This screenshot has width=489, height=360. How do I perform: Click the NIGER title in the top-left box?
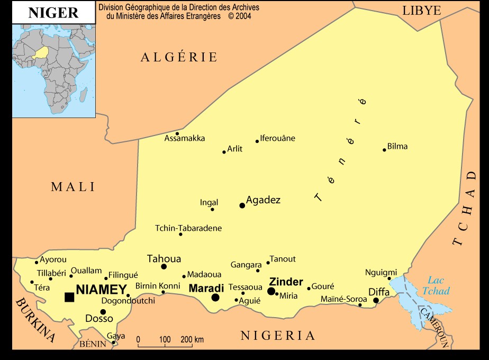[53, 13]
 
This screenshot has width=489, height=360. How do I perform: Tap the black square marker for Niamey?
[69, 297]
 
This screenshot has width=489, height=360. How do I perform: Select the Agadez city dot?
[242, 205]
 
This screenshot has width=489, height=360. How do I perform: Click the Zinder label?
[286, 282]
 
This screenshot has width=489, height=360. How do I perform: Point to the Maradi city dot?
[215, 298]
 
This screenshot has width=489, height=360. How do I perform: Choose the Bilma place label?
[397, 146]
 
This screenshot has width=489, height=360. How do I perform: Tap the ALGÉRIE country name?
[179, 57]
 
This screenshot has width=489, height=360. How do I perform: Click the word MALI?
[73, 186]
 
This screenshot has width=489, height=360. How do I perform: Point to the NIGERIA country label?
[278, 335]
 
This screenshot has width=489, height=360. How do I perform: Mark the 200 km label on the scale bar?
[192, 339]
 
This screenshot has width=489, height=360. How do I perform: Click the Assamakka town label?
[185, 139]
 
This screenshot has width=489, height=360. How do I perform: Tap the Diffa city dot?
[376, 301]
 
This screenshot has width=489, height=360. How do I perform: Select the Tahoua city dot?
[164, 266]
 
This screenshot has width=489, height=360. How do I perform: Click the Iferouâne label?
[278, 138]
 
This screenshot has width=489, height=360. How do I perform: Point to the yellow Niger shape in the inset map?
[41, 53]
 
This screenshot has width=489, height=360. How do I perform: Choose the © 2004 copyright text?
[239, 16]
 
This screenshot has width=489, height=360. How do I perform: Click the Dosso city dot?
[103, 312]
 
